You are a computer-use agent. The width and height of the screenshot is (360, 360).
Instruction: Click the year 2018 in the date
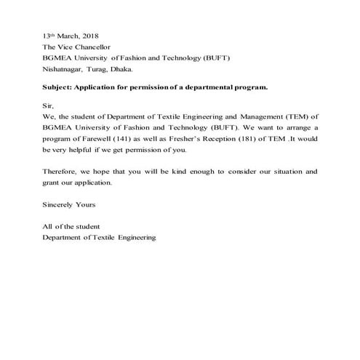point(90,36)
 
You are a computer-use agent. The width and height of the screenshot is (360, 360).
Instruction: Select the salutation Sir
point(49,105)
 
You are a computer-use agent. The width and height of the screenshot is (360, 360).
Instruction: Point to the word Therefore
point(60,172)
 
